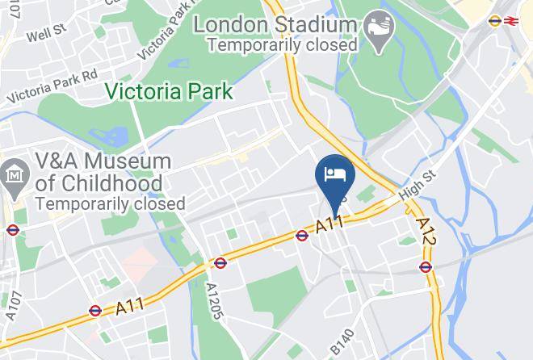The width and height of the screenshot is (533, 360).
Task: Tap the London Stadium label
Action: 275,24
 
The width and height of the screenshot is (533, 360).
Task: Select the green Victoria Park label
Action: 173,91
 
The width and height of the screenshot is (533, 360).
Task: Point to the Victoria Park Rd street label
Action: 52,86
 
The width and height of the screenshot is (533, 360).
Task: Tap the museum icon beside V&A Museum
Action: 14,174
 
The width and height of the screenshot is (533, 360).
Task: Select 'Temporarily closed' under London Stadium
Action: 283,45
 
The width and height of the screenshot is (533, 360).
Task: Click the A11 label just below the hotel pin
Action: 329,224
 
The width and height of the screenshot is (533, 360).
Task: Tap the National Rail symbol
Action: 510,22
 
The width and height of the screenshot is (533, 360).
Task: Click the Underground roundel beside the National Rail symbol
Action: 495,22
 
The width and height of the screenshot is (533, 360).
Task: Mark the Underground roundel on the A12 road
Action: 426,267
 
